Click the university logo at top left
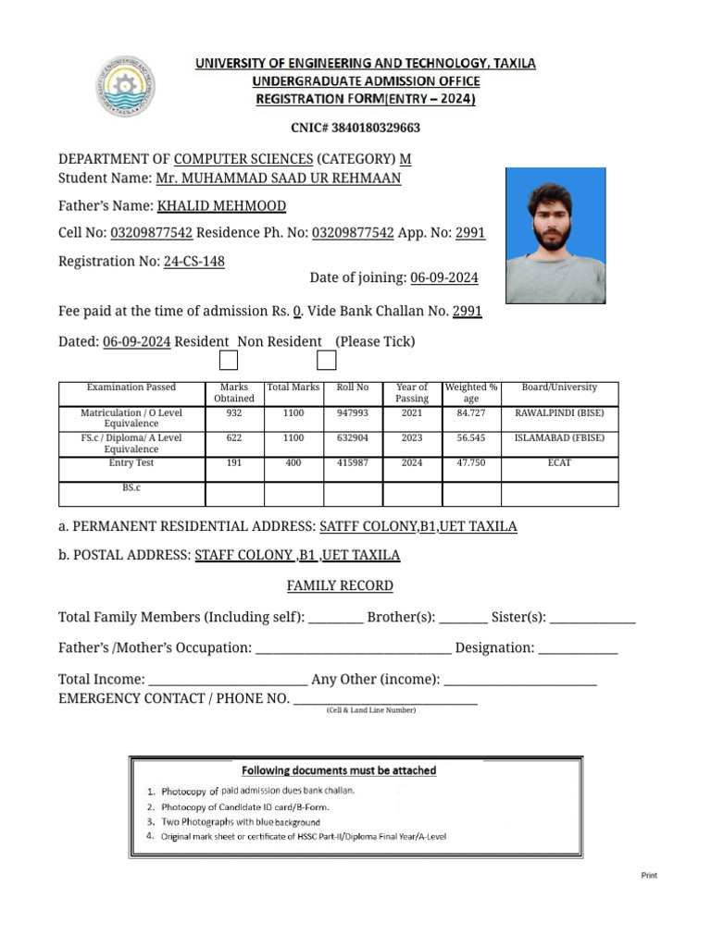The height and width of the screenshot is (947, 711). [126, 87]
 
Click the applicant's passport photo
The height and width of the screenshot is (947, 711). [555, 236]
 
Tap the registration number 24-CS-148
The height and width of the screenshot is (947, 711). [193, 262]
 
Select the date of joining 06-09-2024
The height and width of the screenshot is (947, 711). [444, 278]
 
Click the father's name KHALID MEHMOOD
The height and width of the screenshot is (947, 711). [221, 206]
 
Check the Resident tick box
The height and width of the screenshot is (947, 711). [229, 361]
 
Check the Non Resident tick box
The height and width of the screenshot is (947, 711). [326, 361]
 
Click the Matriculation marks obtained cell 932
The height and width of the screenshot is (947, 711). [234, 414]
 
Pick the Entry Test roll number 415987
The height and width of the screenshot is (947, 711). [353, 463]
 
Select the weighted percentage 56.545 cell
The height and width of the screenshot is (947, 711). [471, 438]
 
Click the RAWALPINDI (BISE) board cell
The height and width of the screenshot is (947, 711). [559, 414]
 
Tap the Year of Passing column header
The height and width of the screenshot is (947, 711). [412, 393]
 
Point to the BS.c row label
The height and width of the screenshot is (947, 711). [131, 487]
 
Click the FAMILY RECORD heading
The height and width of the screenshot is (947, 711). [340, 586]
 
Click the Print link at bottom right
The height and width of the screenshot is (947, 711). [649, 876]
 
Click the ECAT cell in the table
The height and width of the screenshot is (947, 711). [559, 463]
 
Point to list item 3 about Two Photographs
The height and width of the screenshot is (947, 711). [241, 821]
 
